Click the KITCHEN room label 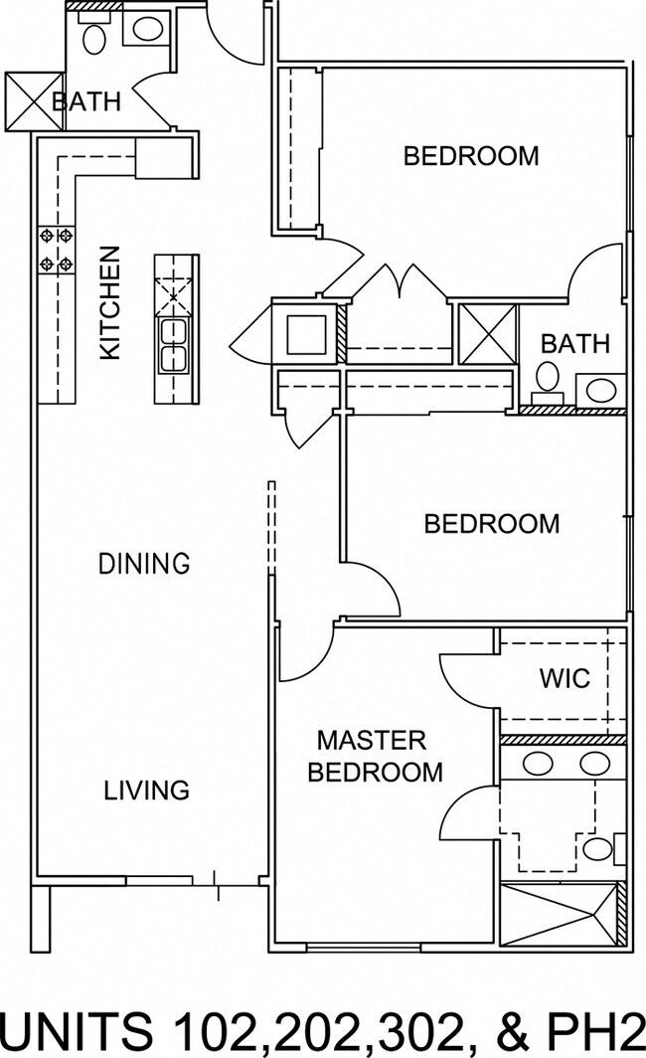[110, 302]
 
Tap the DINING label [144, 563]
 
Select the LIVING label [146, 791]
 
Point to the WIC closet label [565, 678]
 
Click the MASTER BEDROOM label [375, 756]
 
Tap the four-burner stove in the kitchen [56, 250]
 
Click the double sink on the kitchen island [173, 345]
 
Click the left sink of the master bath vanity [538, 763]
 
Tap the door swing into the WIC [469, 679]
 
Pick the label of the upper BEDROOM [471, 156]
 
